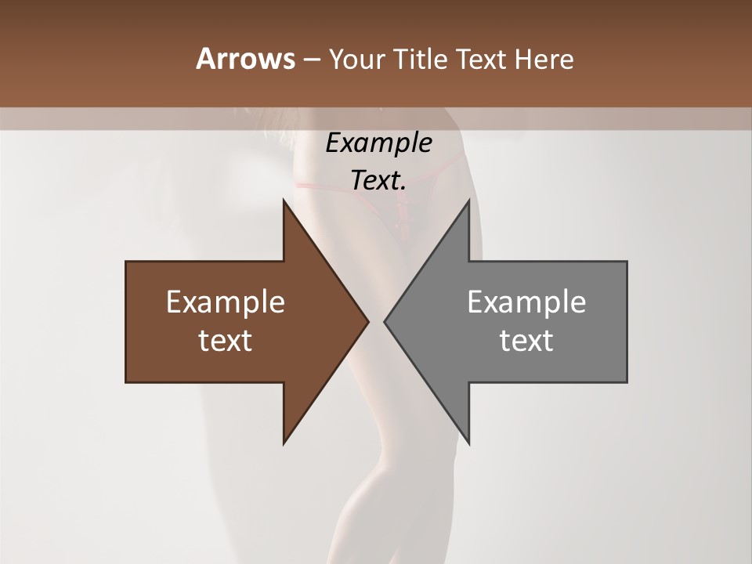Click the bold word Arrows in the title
[x=244, y=59]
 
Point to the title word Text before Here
[x=483, y=59]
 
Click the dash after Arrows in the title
[x=310, y=60]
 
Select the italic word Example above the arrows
[x=379, y=143]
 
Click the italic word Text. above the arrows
[x=379, y=180]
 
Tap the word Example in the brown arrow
[x=226, y=302]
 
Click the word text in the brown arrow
[x=226, y=341]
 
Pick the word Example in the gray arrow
[x=526, y=302]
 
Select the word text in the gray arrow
[x=526, y=341]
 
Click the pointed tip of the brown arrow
[x=368, y=321]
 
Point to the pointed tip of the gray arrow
[x=385, y=321]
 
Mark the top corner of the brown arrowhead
[x=284, y=200]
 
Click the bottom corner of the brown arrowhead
[x=284, y=443]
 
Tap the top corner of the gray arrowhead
[x=469, y=200]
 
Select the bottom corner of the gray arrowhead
[x=469, y=443]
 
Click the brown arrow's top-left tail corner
[x=126, y=262]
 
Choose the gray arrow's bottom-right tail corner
[x=627, y=381]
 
